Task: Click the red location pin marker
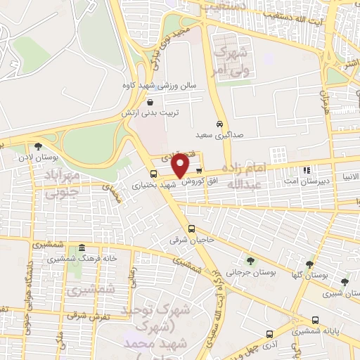point(181,166)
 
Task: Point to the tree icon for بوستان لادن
point(37,146)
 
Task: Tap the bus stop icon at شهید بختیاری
point(154,174)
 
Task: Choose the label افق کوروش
point(202,181)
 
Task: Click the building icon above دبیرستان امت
point(306,170)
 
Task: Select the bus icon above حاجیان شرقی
point(191,229)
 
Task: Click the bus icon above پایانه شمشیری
point(269,334)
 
